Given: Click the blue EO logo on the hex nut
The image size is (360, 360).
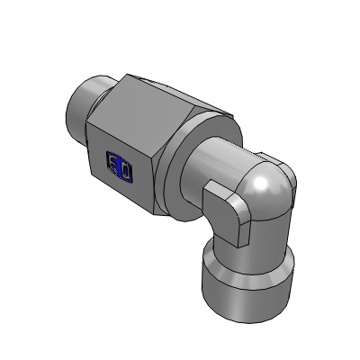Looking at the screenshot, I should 120,166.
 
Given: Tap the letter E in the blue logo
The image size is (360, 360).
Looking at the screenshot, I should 114,164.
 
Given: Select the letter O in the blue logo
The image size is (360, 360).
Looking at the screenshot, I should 125,168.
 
